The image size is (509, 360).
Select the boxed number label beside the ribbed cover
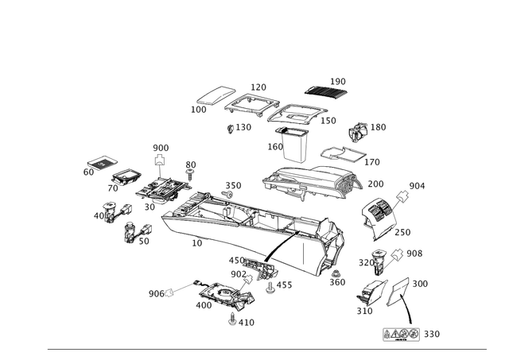point(339,80)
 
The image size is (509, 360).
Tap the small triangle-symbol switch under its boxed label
point(160,165)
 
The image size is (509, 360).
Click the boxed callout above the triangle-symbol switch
point(161,148)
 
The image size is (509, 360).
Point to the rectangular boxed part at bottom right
point(400,335)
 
